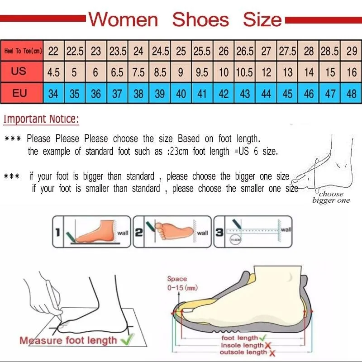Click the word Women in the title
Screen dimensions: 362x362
tap(123, 19)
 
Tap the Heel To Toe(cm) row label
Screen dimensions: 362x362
tap(23, 51)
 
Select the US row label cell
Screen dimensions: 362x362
tap(19, 71)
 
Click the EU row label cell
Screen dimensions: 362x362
tap(19, 93)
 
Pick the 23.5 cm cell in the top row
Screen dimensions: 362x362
tap(118, 51)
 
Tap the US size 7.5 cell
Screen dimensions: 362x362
tap(138, 72)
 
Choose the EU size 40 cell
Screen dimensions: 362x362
tap(181, 94)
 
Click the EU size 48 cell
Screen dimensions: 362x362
tap(352, 94)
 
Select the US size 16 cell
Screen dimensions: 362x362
tap(352, 72)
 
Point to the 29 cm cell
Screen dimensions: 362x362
tap(352, 51)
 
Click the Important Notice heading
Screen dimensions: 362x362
tap(41, 119)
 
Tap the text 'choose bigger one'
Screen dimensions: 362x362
tap(331, 197)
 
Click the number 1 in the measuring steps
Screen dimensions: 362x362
tap(57, 233)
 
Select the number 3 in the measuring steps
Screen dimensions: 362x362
tap(219, 233)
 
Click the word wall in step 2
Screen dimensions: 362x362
tap(202, 233)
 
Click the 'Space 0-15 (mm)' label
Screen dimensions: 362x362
tap(177, 283)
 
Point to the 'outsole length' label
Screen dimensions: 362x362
tap(243, 352)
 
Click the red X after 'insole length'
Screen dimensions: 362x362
tap(270, 345)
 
